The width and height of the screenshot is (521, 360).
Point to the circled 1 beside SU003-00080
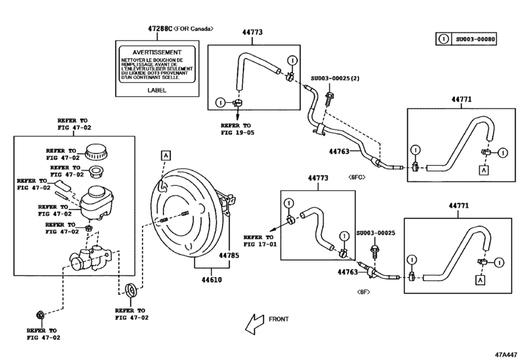click(x=443, y=39)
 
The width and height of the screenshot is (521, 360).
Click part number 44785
click(x=229, y=255)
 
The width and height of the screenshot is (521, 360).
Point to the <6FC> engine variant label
click(x=357, y=175)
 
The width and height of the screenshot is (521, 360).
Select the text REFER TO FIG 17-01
click(x=260, y=240)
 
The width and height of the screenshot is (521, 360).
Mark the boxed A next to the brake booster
click(x=165, y=155)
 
